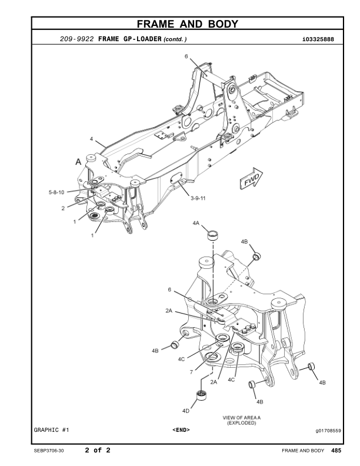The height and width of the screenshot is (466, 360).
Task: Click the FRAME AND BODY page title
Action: (187, 24)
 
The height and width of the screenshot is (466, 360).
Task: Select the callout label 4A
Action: (196, 224)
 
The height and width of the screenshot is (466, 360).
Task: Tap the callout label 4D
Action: (186, 410)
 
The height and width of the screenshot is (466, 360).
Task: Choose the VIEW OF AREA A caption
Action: (242, 418)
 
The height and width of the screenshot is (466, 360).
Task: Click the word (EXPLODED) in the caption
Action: (242, 424)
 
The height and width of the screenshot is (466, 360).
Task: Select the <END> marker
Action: (181, 430)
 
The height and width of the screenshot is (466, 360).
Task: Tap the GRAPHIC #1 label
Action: (51, 430)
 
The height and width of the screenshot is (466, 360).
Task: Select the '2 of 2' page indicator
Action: (98, 451)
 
